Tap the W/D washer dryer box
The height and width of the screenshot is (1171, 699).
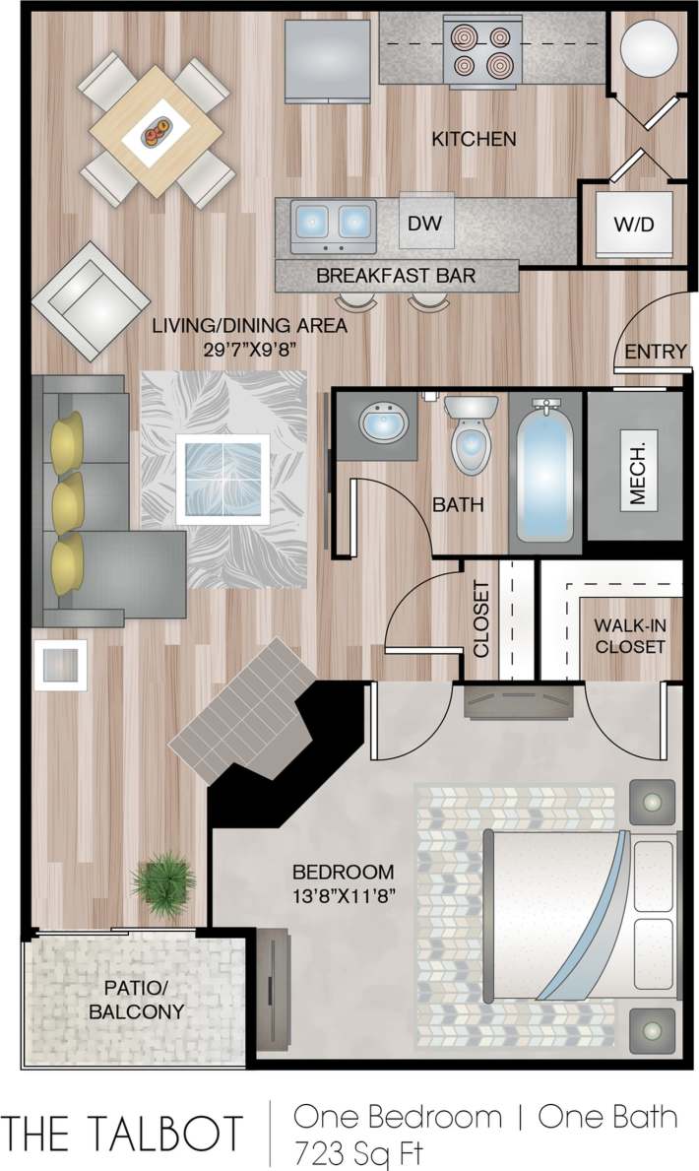[634, 225]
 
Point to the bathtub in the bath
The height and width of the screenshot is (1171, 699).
[544, 471]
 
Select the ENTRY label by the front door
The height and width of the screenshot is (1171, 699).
[656, 352]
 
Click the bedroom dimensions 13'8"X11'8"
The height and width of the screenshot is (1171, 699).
[343, 898]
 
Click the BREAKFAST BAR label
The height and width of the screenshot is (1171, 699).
[396, 276]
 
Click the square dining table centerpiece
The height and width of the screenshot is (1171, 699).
[155, 130]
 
